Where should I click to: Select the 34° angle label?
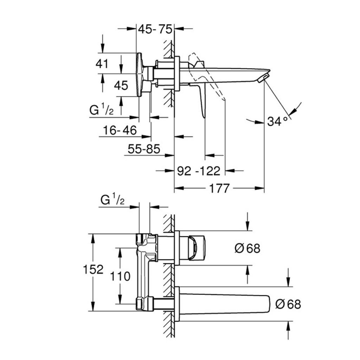(277, 122)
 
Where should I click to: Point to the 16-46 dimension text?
(120, 130)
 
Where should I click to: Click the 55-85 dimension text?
(143, 149)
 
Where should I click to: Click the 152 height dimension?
(93, 270)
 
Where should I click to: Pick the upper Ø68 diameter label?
(247, 248)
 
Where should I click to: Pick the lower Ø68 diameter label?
(288, 304)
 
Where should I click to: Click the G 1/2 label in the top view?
(102, 111)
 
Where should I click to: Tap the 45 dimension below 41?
(121, 85)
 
